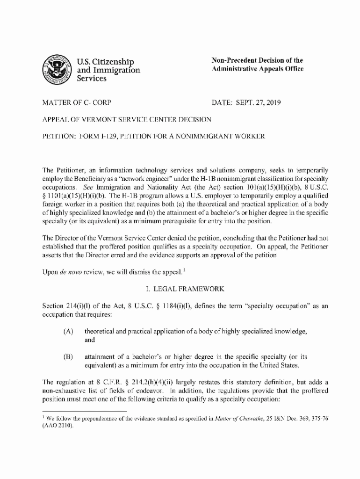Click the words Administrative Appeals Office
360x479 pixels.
[258, 69]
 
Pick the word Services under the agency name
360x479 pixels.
[92, 79]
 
